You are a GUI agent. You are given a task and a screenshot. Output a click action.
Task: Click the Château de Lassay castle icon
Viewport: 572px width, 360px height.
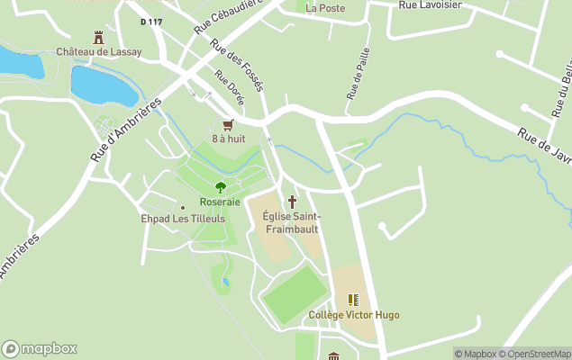(x=98, y=37)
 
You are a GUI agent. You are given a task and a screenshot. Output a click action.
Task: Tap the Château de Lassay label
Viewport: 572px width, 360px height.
(x=98, y=52)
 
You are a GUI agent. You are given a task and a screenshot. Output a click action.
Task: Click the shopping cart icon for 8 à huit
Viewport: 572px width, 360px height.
(x=228, y=125)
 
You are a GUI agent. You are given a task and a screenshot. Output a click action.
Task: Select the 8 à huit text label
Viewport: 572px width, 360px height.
(x=228, y=139)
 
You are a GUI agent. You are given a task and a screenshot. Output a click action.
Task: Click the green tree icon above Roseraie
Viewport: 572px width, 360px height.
(x=220, y=188)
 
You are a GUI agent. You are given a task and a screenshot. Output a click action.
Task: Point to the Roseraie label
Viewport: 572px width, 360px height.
(x=220, y=202)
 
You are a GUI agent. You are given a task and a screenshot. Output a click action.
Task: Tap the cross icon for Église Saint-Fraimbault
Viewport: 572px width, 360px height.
(x=292, y=202)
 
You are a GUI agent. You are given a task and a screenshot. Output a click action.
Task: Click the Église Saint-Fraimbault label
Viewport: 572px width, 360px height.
(x=292, y=222)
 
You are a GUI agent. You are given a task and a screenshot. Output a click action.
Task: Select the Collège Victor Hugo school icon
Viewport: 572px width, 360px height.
(x=353, y=300)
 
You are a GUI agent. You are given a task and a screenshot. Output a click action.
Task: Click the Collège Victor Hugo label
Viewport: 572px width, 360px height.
(x=353, y=315)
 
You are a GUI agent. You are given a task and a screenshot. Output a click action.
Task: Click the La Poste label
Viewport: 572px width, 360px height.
(x=324, y=8)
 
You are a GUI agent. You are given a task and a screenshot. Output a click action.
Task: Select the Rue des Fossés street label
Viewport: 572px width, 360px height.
(x=237, y=66)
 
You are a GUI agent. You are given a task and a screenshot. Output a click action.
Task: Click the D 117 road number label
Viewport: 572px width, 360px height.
(x=152, y=21)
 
